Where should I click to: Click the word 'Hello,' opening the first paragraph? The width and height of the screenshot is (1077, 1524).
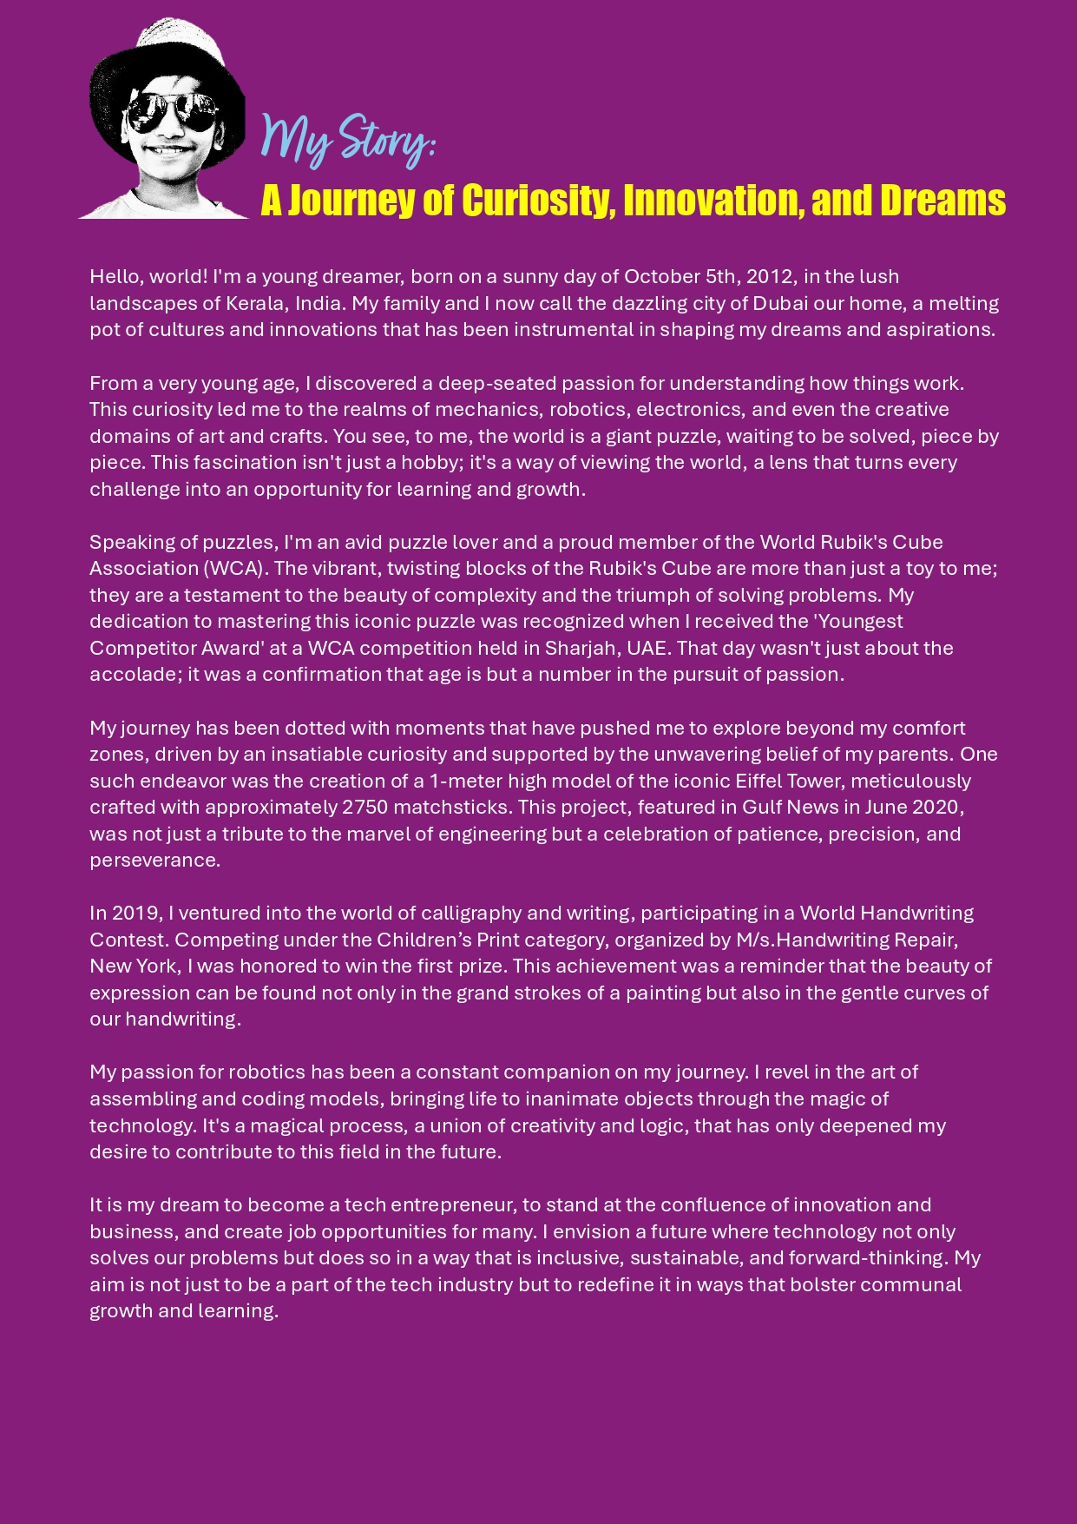pyautogui.click(x=116, y=277)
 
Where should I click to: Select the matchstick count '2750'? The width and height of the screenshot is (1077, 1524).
pyautogui.click(x=364, y=808)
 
